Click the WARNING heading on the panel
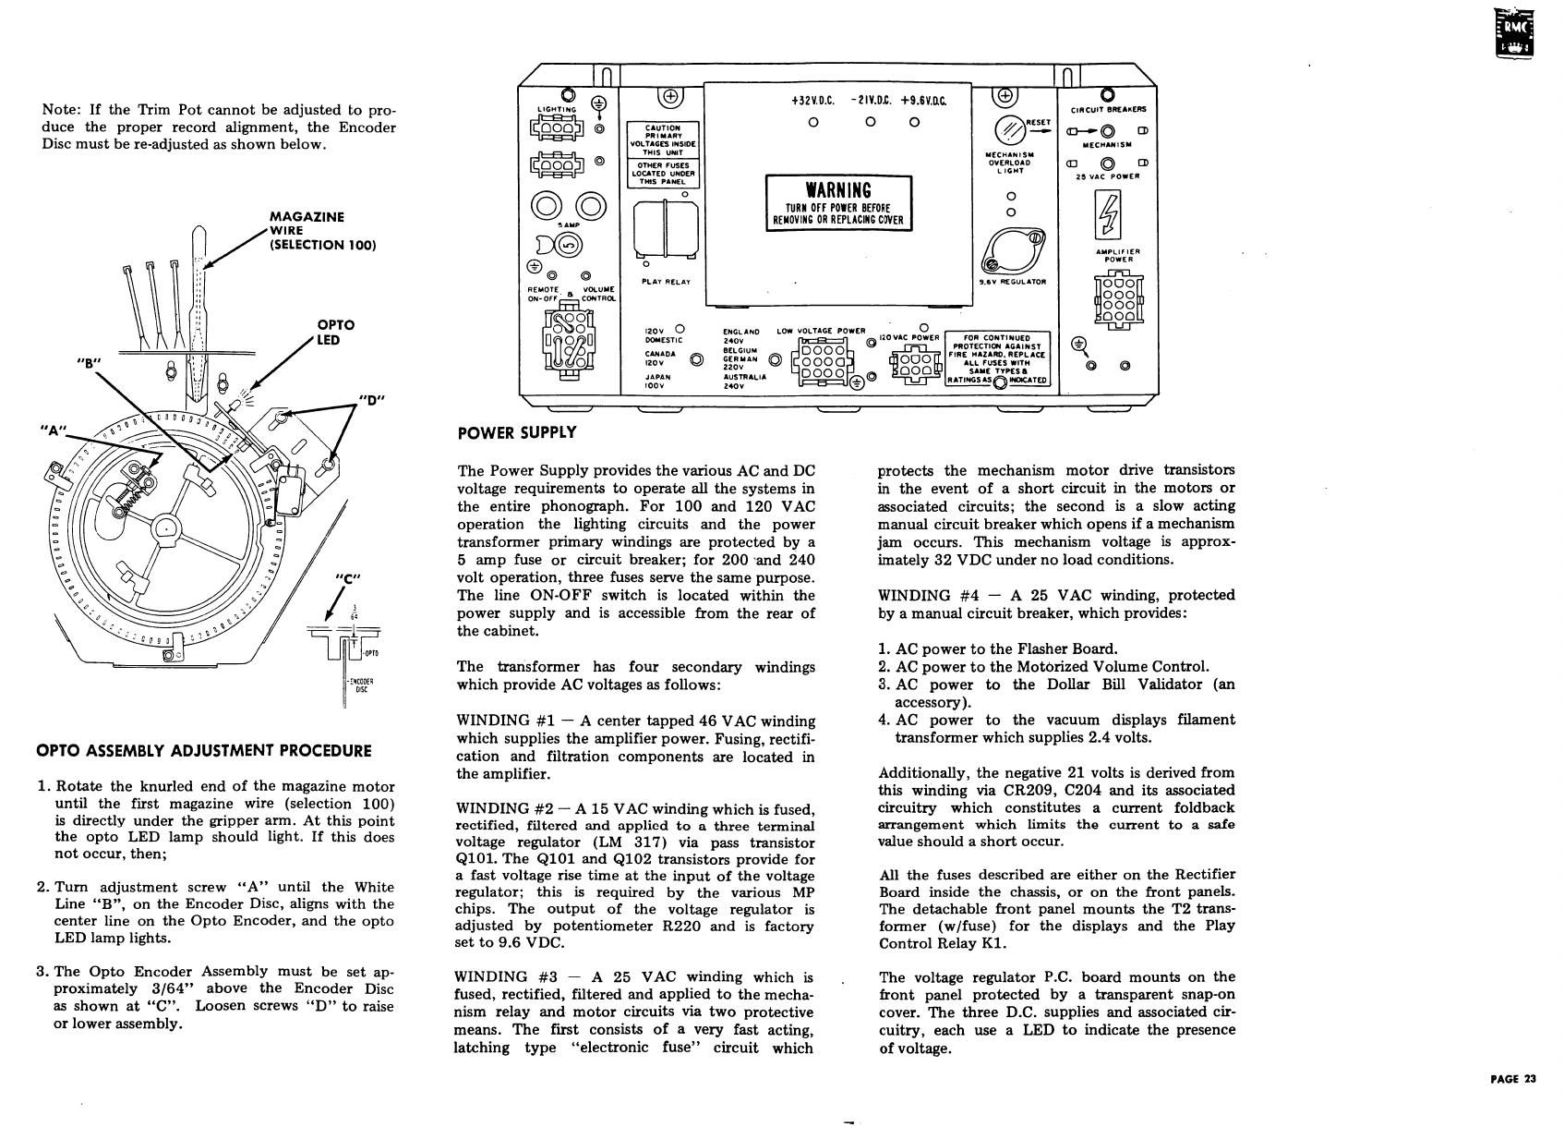[838, 190]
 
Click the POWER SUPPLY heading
[517, 432]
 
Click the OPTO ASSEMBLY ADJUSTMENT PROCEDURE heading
[203, 751]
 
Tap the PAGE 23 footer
[1512, 1079]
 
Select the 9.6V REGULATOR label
[1013, 282]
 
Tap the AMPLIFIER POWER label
[1117, 255]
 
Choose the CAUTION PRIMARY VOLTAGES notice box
[662, 140]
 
